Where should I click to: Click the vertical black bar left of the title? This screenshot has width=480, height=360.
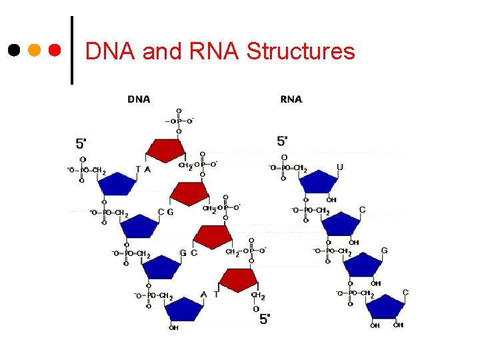coord(72,50)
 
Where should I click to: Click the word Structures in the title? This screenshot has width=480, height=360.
coord(301,51)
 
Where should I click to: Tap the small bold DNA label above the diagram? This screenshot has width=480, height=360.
coord(139,99)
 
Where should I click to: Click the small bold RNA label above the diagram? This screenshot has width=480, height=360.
coord(291,99)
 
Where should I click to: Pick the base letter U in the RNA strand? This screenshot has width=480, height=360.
coord(340,167)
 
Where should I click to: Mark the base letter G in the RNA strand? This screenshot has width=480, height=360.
coord(384,251)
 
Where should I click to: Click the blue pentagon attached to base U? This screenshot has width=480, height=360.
coord(319,182)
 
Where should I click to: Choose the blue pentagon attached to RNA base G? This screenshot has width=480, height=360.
coord(363,265)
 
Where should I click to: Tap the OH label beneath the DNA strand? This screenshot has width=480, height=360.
coord(173,327)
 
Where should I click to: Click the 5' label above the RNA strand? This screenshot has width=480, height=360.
coord(283,141)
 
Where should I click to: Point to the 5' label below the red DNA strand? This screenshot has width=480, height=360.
coord(265,319)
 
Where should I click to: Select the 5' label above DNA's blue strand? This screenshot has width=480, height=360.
coord(81,143)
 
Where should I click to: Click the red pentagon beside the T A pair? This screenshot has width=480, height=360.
coord(165,151)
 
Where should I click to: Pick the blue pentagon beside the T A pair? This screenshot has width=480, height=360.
coord(119,183)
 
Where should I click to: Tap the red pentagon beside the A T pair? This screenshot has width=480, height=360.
coord(239,280)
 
